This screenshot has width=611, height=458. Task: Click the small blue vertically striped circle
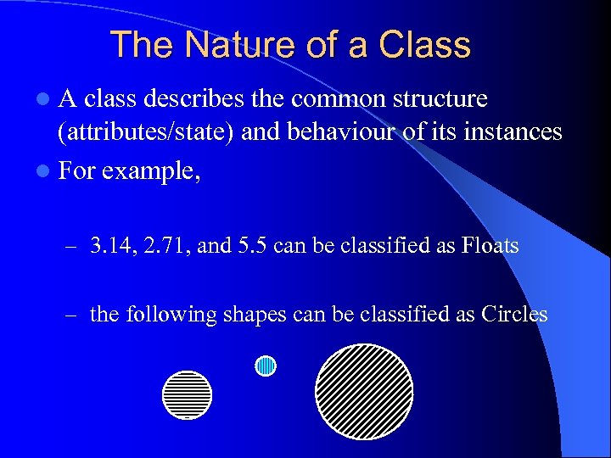pyautogui.click(x=266, y=366)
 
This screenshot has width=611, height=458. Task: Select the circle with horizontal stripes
pyautogui.click(x=187, y=394)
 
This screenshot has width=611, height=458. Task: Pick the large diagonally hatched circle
pyautogui.click(x=364, y=391)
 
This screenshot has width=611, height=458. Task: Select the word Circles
pyautogui.click(x=513, y=315)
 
